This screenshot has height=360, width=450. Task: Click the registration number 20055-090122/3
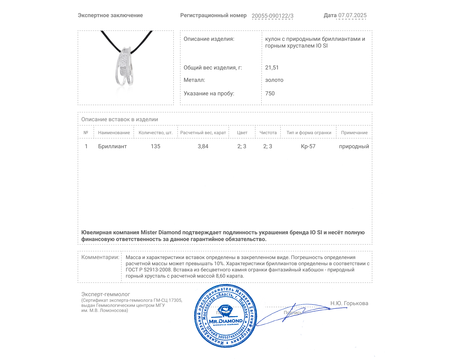coord(272,16)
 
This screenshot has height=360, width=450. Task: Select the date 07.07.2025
coord(352,15)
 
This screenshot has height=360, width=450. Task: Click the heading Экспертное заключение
coord(110,15)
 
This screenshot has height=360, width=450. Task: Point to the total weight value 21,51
coord(272,67)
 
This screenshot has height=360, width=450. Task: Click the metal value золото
coord(274,80)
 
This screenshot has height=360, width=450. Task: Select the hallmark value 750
coord(270,93)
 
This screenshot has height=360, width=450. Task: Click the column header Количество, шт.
coord(156,133)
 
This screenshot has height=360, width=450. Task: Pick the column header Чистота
coord(268,133)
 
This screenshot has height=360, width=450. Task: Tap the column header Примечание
coord(354,133)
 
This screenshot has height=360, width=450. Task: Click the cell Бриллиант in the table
coord(112,146)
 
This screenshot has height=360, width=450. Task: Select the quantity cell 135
coord(156,146)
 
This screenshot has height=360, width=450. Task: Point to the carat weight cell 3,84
coord(203,146)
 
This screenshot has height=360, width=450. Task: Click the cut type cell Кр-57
coord(308,146)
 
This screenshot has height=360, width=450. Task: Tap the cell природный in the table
coord(354,146)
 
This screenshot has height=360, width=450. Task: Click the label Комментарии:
coord(100,257)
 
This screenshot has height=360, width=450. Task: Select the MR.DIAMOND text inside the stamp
coord(226,321)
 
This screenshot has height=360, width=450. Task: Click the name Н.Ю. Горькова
coord(349,303)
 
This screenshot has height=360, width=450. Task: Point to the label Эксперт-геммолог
coord(105,294)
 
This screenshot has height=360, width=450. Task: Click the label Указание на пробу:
coord(209,93)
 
